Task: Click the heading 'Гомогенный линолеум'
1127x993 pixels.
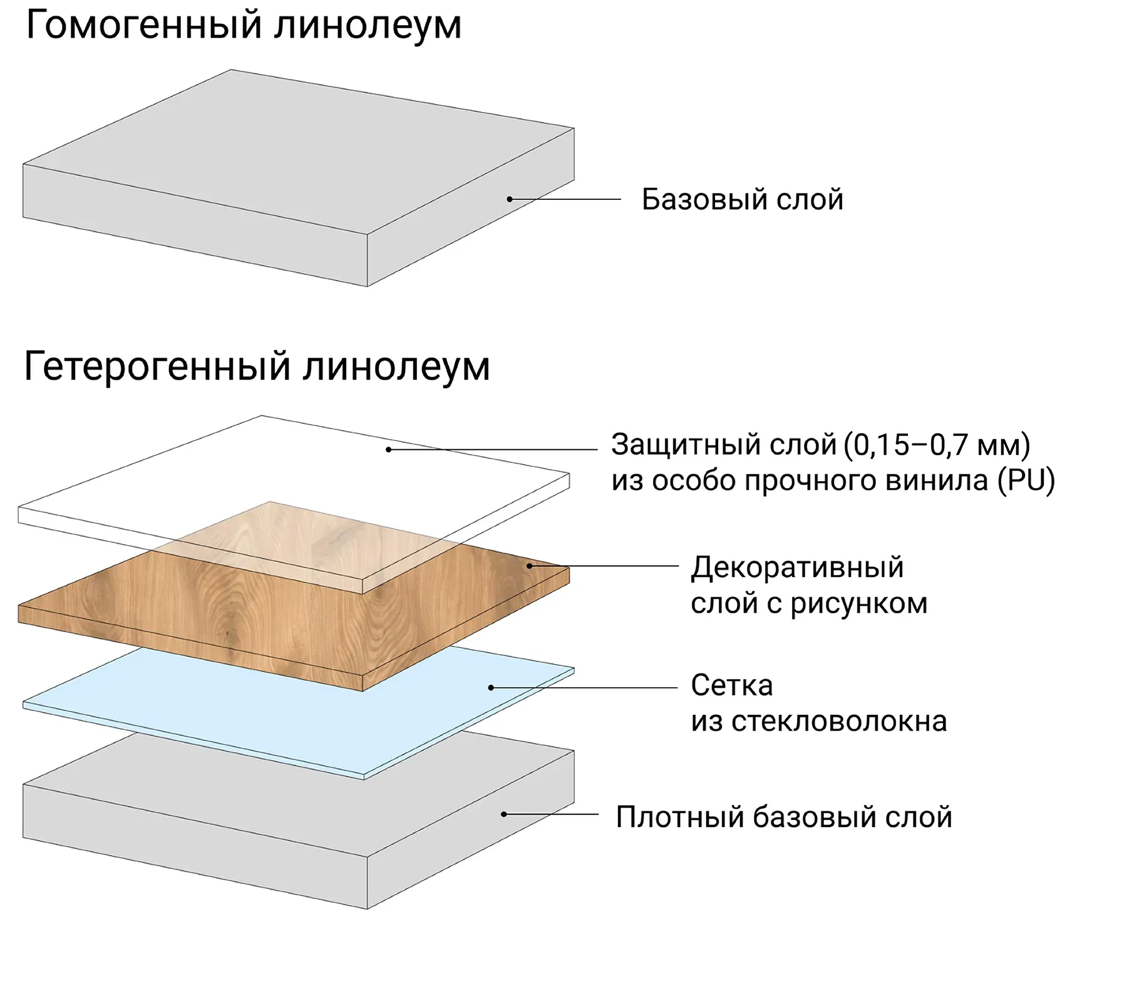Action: (x=244, y=26)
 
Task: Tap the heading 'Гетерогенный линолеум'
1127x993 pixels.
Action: (x=257, y=367)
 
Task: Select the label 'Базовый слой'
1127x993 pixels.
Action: (x=743, y=200)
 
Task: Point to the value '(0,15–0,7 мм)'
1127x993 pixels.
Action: (x=937, y=445)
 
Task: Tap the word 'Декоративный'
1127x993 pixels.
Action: (x=797, y=568)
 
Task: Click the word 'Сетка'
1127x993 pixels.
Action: (x=731, y=685)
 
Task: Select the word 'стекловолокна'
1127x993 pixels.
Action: (x=839, y=722)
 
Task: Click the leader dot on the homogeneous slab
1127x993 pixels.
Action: (x=510, y=199)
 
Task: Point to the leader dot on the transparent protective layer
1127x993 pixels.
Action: (x=388, y=449)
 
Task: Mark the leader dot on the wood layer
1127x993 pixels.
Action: (x=529, y=566)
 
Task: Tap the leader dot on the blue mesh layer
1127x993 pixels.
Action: (x=491, y=687)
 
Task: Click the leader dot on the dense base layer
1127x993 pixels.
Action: (x=503, y=814)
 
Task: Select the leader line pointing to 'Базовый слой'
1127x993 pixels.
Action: (x=567, y=199)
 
